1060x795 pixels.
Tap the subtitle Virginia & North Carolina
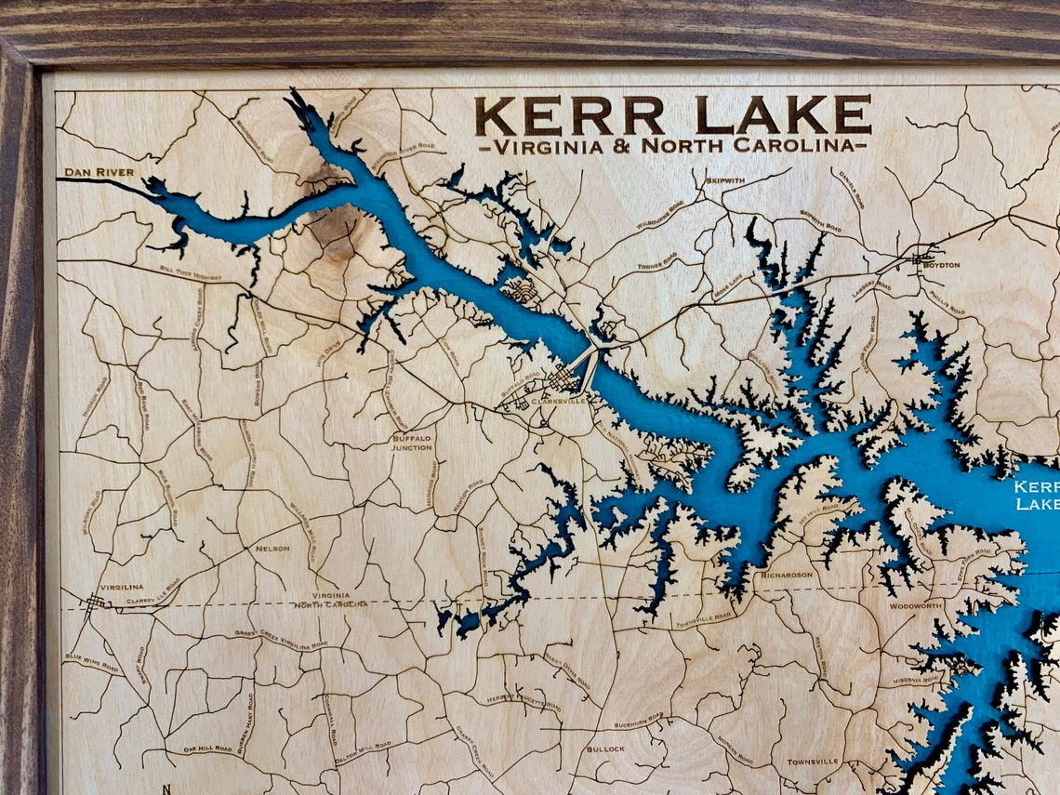click(673, 146)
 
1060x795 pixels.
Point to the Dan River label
click(99, 172)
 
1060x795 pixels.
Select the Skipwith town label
click(725, 180)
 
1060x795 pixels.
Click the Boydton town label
click(941, 265)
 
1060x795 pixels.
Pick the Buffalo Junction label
click(412, 443)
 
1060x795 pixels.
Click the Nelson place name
click(272, 549)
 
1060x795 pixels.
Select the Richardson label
click(787, 575)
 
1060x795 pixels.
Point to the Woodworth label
click(915, 605)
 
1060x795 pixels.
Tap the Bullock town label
click(605, 749)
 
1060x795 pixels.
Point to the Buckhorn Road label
click(638, 720)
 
